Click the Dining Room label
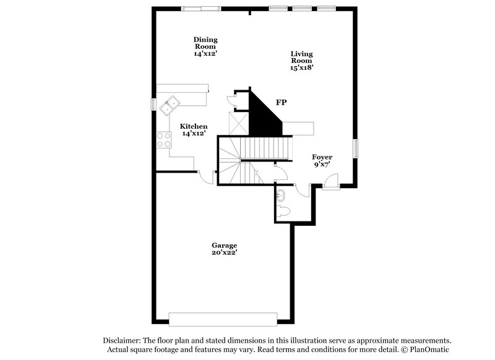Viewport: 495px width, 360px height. (205, 46)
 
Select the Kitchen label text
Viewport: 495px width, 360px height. (194, 130)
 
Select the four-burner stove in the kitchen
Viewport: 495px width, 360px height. (164, 140)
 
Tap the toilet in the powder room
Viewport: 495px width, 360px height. (284, 212)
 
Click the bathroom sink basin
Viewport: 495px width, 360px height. (282, 195)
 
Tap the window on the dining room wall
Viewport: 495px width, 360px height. (200, 8)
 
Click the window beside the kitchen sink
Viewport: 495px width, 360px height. (153, 104)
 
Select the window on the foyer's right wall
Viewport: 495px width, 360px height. (356, 148)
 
